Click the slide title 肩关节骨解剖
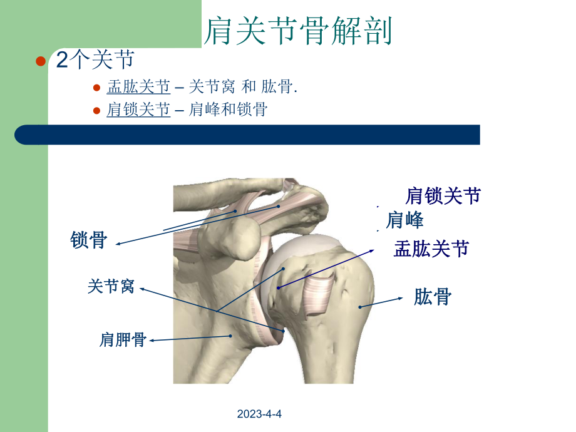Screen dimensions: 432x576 [299, 31]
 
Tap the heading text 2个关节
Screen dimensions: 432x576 [95, 61]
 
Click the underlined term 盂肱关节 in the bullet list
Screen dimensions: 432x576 [138, 87]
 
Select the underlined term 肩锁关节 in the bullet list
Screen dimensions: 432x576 [138, 110]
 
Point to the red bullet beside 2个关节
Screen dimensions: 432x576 [41, 61]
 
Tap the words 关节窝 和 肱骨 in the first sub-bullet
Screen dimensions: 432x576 [241, 87]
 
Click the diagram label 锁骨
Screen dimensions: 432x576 [89, 240]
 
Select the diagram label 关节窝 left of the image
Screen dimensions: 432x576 [111, 287]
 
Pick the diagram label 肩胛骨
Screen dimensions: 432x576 [123, 340]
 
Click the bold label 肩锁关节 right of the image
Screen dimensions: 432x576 [443, 196]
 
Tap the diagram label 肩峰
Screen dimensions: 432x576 [404, 220]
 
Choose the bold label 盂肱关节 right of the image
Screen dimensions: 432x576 [431, 249]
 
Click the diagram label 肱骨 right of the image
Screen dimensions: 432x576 [432, 297]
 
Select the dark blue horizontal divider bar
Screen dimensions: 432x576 [247, 135]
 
